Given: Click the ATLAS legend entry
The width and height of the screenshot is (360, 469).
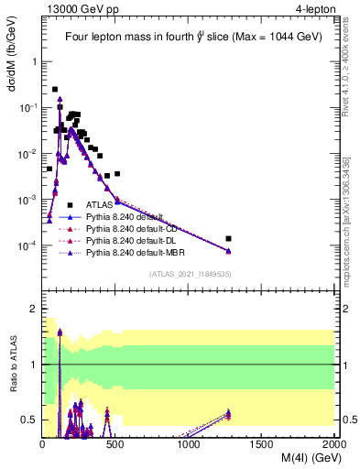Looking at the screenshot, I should tap(101, 205).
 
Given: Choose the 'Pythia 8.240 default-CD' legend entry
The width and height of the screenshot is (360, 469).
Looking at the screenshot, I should tap(137, 228).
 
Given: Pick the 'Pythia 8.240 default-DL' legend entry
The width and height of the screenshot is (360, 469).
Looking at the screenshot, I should tap(136, 240).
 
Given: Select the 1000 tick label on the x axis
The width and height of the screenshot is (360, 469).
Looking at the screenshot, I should tap(189, 445).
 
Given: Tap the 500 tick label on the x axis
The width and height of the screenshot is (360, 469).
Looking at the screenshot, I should tap(115, 445).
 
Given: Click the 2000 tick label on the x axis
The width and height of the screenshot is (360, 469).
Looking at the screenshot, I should tap(334, 445).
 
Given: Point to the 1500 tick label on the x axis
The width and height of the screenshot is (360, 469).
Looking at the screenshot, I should tap(262, 445).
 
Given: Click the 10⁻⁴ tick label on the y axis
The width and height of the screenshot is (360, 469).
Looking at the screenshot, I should tap(27, 246).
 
